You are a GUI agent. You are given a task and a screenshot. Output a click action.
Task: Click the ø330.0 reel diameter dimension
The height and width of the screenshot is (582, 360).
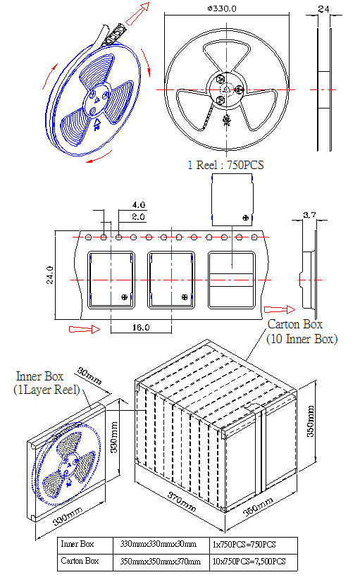pos(222,8)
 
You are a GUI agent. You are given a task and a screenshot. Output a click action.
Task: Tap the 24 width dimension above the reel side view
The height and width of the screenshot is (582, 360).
pos(323,9)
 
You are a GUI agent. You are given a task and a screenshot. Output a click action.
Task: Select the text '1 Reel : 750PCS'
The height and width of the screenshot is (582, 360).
pos(225,165)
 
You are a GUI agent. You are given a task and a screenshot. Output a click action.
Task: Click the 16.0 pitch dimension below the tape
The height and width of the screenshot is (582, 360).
pos(141,328)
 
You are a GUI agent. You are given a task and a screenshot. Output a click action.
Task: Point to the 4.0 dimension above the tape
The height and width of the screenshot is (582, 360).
pos(139,204)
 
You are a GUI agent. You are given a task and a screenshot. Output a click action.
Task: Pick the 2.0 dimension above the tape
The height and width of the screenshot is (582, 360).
pos(138,217)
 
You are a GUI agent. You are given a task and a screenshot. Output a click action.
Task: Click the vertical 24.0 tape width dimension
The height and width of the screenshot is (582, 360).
pos(50,275)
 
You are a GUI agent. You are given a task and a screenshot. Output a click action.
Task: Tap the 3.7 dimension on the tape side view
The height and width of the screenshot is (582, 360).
pos(309,214)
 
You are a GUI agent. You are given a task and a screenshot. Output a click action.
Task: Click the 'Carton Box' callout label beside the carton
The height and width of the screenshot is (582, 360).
pos(295,324)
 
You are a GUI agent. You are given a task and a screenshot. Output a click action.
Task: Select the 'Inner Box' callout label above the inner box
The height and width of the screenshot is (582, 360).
pos(39,376)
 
